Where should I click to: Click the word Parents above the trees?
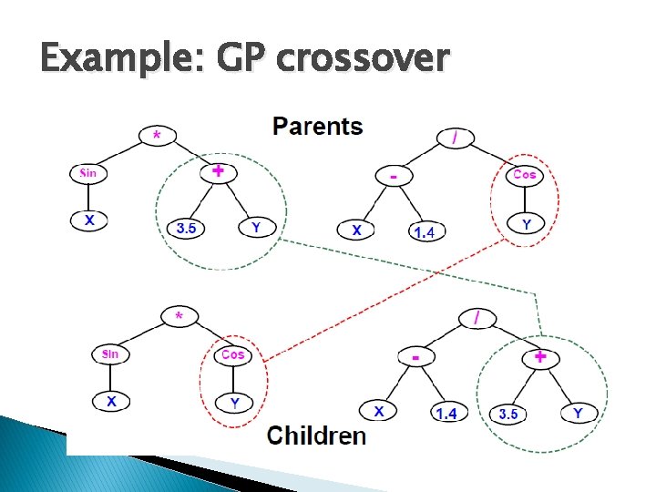[317, 126]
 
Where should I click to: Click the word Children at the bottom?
[316, 435]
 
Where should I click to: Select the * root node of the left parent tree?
[158, 136]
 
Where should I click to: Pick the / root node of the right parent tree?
[455, 137]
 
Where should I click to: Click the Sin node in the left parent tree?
[88, 172]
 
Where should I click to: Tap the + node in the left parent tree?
[218, 170]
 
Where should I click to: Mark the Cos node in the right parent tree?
[525, 174]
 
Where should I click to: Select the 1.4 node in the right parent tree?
[424, 232]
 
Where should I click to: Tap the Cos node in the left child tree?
[233, 354]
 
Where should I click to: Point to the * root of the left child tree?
[179, 316]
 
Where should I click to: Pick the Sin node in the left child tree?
[110, 354]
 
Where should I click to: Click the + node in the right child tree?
[540, 357]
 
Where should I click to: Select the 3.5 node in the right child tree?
[507, 414]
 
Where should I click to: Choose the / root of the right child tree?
[477, 318]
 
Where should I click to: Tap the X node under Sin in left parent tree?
[88, 220]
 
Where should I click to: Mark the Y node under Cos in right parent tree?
[525, 221]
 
